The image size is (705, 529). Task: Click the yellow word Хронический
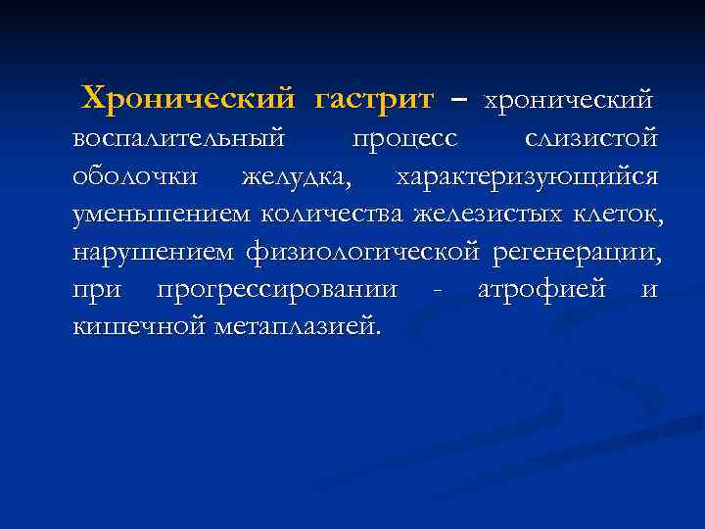(x=188, y=98)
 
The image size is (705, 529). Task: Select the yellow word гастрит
(x=373, y=98)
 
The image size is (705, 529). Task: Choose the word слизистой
(x=591, y=139)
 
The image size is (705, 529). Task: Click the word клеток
(x=616, y=214)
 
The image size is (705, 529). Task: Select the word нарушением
(x=153, y=252)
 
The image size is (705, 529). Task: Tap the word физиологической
(x=363, y=252)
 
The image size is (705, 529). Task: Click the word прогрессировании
(x=276, y=289)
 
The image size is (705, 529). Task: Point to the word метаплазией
(x=296, y=325)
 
